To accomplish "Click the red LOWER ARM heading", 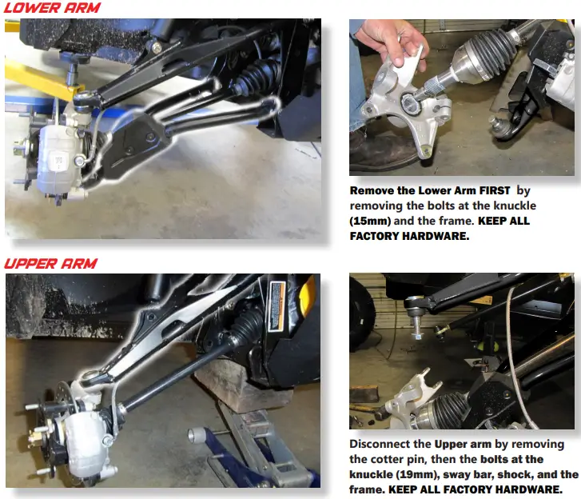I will click(x=51, y=8).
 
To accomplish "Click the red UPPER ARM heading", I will click(x=51, y=263).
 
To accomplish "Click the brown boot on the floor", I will click(x=376, y=152).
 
